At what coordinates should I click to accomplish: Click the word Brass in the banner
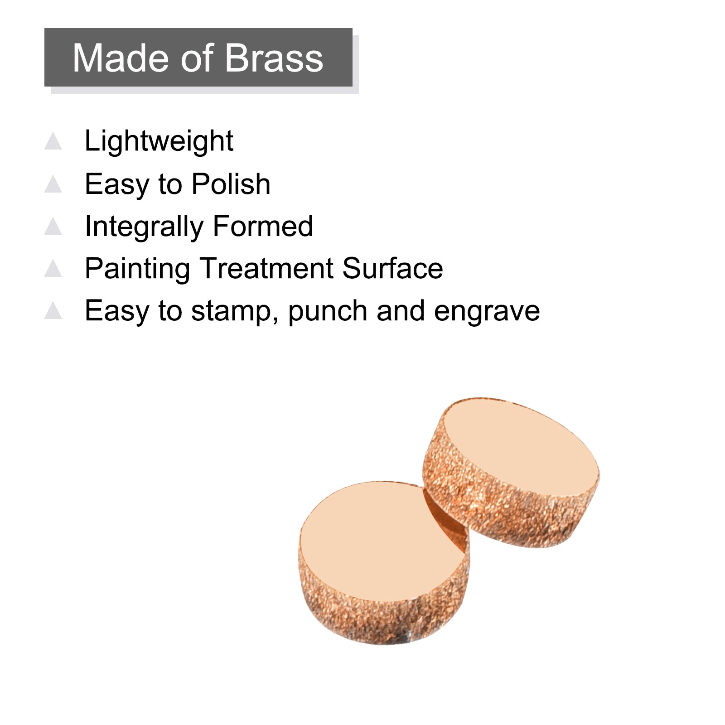click(274, 58)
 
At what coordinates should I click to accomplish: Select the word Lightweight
click(159, 141)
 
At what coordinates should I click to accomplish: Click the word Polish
click(231, 184)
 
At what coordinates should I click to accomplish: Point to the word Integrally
click(144, 227)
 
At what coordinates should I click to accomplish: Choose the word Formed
click(263, 226)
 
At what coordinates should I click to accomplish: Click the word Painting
click(137, 269)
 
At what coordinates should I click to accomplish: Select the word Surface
click(393, 268)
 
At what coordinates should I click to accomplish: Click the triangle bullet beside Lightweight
click(53, 141)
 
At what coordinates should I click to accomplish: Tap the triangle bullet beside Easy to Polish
click(53, 184)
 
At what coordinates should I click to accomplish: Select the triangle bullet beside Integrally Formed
click(53, 226)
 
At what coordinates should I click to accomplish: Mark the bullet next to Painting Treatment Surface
click(53, 268)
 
